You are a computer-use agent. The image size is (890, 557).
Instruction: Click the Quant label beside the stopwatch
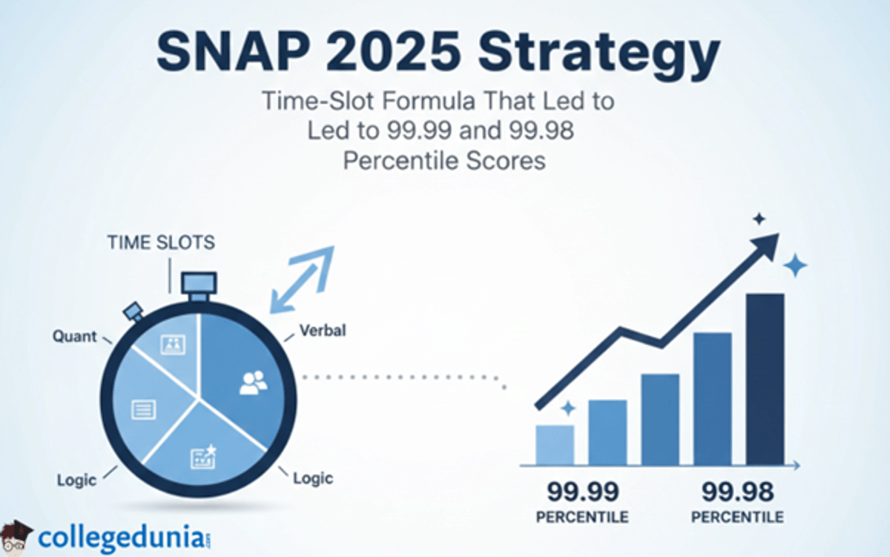pyautogui.click(x=74, y=336)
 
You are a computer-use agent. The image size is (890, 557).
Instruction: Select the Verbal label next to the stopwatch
pyautogui.click(x=322, y=331)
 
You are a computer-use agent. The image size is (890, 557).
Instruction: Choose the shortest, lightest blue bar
pyautogui.click(x=554, y=444)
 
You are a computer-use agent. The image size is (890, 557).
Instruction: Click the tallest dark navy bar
pyautogui.click(x=765, y=378)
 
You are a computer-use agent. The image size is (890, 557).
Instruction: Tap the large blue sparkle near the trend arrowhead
pyautogui.click(x=795, y=265)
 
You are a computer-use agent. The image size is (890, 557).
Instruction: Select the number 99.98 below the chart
pyautogui.click(x=738, y=492)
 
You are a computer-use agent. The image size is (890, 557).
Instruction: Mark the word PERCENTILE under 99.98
pyautogui.click(x=739, y=516)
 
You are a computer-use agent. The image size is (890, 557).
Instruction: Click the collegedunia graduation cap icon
pyautogui.click(x=16, y=535)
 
